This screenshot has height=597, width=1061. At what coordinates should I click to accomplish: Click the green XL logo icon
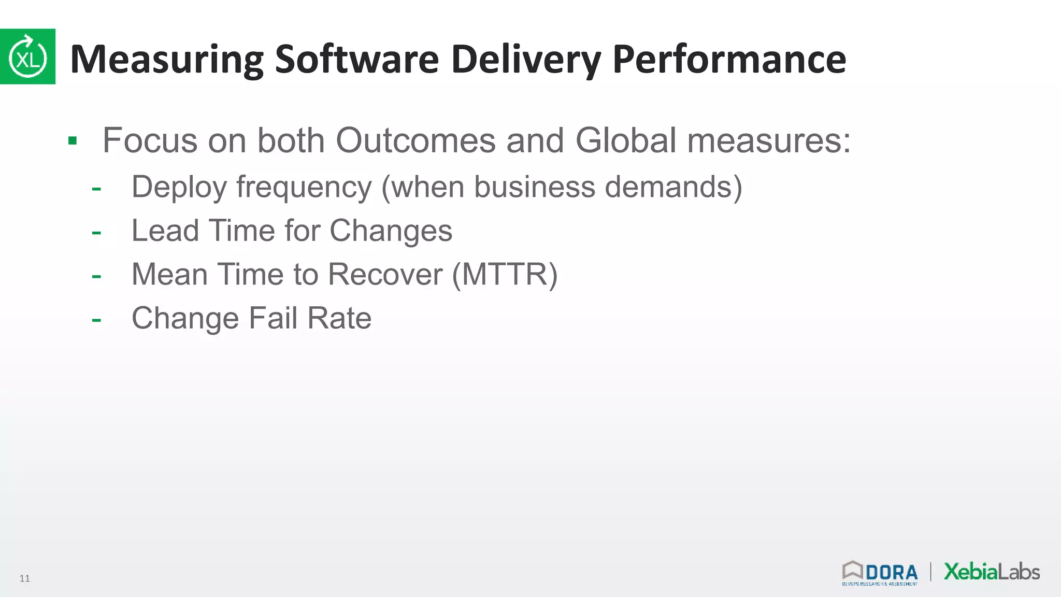(27, 56)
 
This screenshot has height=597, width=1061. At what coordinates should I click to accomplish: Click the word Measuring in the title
(166, 59)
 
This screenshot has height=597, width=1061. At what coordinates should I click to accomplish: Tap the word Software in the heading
(357, 59)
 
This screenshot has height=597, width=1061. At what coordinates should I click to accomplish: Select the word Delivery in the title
(526, 59)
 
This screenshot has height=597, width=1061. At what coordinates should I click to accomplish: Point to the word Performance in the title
(729, 59)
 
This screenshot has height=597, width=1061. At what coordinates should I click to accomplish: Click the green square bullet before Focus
(73, 140)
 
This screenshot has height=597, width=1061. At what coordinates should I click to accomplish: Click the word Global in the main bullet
(626, 140)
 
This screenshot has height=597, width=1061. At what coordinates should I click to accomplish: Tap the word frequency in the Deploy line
(304, 187)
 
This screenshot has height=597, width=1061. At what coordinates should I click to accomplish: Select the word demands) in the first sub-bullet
(673, 187)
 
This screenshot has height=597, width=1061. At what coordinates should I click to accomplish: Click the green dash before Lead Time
(96, 232)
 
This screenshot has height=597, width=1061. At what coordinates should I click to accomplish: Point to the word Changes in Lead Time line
(391, 231)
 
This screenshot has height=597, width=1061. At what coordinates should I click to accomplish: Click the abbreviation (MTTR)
(505, 274)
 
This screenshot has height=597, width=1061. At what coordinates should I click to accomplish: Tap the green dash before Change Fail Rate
(96, 319)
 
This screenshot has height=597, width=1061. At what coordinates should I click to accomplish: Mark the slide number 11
(24, 578)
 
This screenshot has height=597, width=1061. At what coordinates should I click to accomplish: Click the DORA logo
(880, 573)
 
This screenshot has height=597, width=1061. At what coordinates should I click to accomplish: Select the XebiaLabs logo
(992, 572)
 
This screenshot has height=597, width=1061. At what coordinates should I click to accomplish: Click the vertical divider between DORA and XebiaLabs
(931, 572)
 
